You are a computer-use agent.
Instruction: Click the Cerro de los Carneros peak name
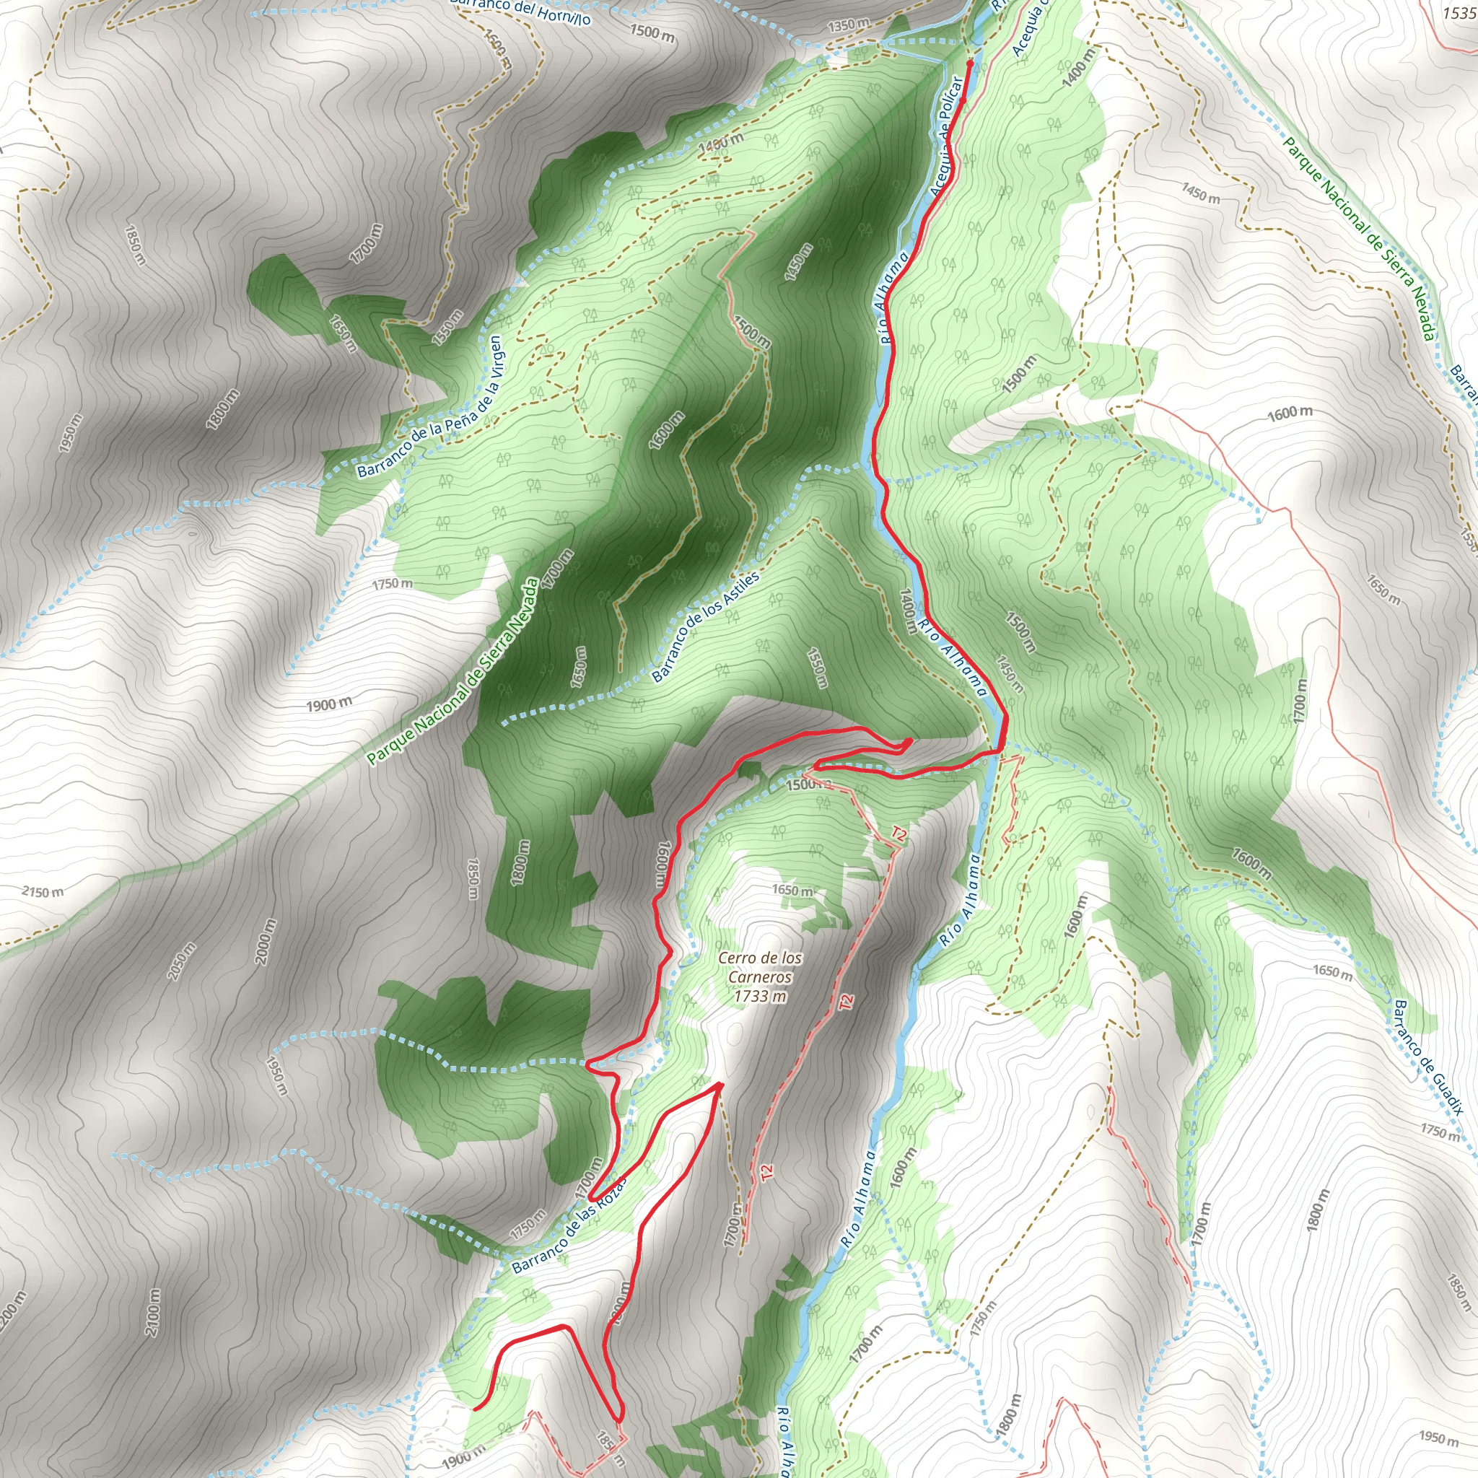pos(760,967)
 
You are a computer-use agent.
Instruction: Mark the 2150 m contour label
pos(43,892)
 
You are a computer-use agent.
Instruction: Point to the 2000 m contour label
pos(265,942)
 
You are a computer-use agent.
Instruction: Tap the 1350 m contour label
pos(849,25)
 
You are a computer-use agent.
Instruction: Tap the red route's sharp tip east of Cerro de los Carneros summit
pos(719,1084)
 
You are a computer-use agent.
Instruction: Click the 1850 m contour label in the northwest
pos(134,244)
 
